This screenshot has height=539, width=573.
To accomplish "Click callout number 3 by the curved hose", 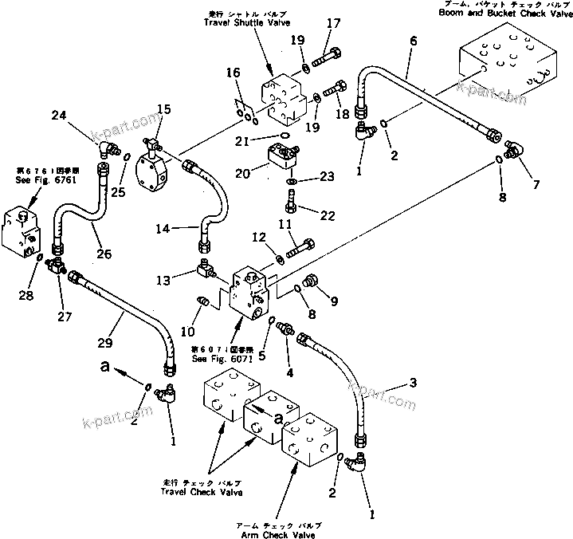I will (413, 384).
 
